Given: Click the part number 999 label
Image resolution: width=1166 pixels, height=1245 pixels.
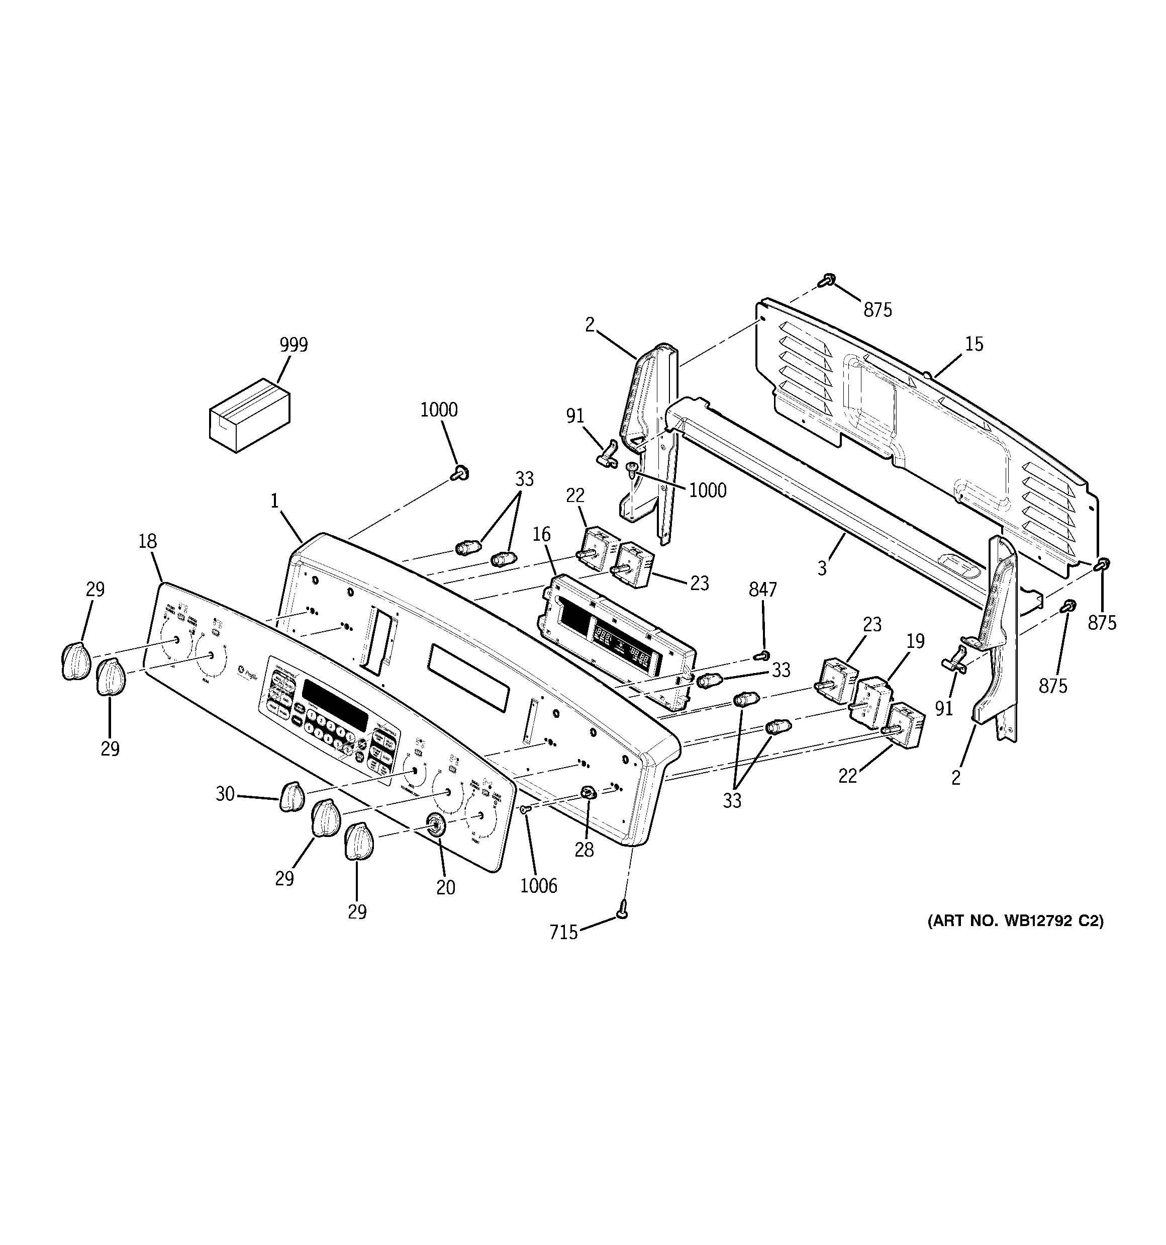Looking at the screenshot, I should tap(294, 345).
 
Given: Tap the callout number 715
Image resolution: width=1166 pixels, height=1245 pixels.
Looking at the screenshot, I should tap(563, 933).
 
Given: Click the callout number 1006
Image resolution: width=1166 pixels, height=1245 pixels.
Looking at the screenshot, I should tap(538, 885).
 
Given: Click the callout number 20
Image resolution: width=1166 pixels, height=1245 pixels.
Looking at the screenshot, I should tap(446, 887).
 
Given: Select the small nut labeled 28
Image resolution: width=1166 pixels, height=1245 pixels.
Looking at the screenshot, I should tap(588, 793).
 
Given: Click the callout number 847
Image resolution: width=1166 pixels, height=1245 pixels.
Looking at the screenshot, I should tap(762, 590).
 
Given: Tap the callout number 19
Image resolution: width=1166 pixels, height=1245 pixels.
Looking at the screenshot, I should tap(915, 641).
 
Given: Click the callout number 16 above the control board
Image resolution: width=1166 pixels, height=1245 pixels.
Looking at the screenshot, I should tap(541, 534).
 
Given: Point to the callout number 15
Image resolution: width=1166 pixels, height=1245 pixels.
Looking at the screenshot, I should tap(974, 344).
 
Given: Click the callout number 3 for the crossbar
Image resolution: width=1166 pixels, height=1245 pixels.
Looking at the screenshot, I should tap(822, 568).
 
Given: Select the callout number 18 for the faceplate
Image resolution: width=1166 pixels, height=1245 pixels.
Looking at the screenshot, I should tap(147, 541).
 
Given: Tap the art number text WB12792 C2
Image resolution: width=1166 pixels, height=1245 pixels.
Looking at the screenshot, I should tap(1015, 921).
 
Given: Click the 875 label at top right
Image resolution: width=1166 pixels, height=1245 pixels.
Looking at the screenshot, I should tap(878, 309).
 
